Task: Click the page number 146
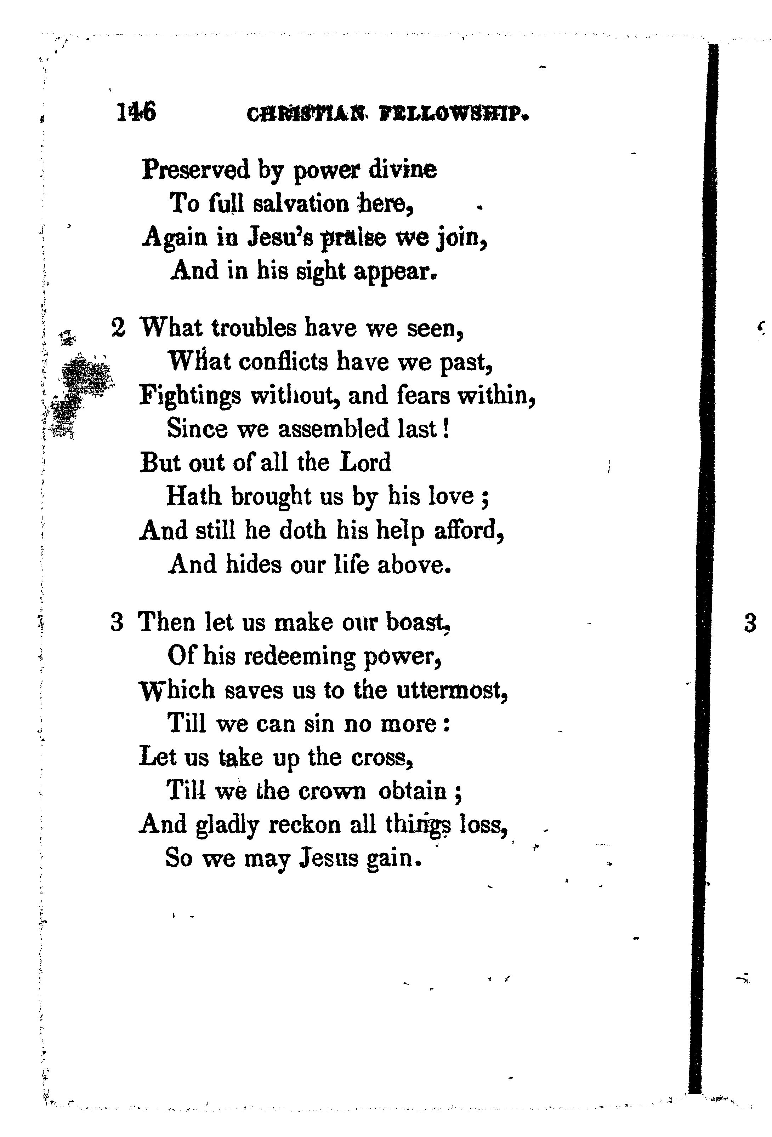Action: tap(137, 112)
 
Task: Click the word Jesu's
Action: tap(279, 237)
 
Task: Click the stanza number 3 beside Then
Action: tap(117, 623)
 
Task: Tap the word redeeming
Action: tap(299, 657)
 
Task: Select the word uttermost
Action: tap(452, 690)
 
